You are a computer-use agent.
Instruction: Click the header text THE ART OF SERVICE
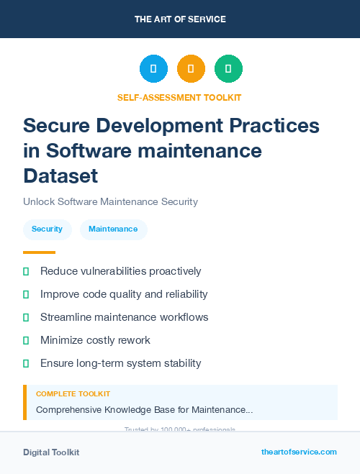[x=180, y=19]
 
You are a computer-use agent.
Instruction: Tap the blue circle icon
[x=153, y=69]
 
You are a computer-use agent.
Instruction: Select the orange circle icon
[x=191, y=69]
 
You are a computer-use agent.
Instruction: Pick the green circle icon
[x=228, y=69]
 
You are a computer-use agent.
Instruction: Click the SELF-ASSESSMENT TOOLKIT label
[x=180, y=97]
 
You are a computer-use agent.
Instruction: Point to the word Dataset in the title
[x=60, y=176]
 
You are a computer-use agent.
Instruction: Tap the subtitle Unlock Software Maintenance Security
[x=110, y=201]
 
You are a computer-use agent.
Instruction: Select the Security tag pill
[x=47, y=229]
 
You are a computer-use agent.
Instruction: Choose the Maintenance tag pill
[x=113, y=229]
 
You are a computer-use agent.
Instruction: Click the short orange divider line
[x=39, y=252]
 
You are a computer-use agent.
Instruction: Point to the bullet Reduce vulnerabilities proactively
[x=120, y=271]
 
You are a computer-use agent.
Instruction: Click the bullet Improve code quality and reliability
[x=124, y=294]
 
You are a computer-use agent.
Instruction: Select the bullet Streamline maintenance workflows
[x=124, y=317]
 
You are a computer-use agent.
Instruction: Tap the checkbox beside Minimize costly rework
[x=26, y=340]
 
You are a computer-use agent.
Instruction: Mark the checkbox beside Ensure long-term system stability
[x=26, y=363]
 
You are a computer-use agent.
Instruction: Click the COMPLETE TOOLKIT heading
[x=73, y=394]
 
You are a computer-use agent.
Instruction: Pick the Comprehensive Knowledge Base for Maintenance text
[x=144, y=409]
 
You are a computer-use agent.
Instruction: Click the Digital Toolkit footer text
[x=51, y=452]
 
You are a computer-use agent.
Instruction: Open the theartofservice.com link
[x=299, y=452]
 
